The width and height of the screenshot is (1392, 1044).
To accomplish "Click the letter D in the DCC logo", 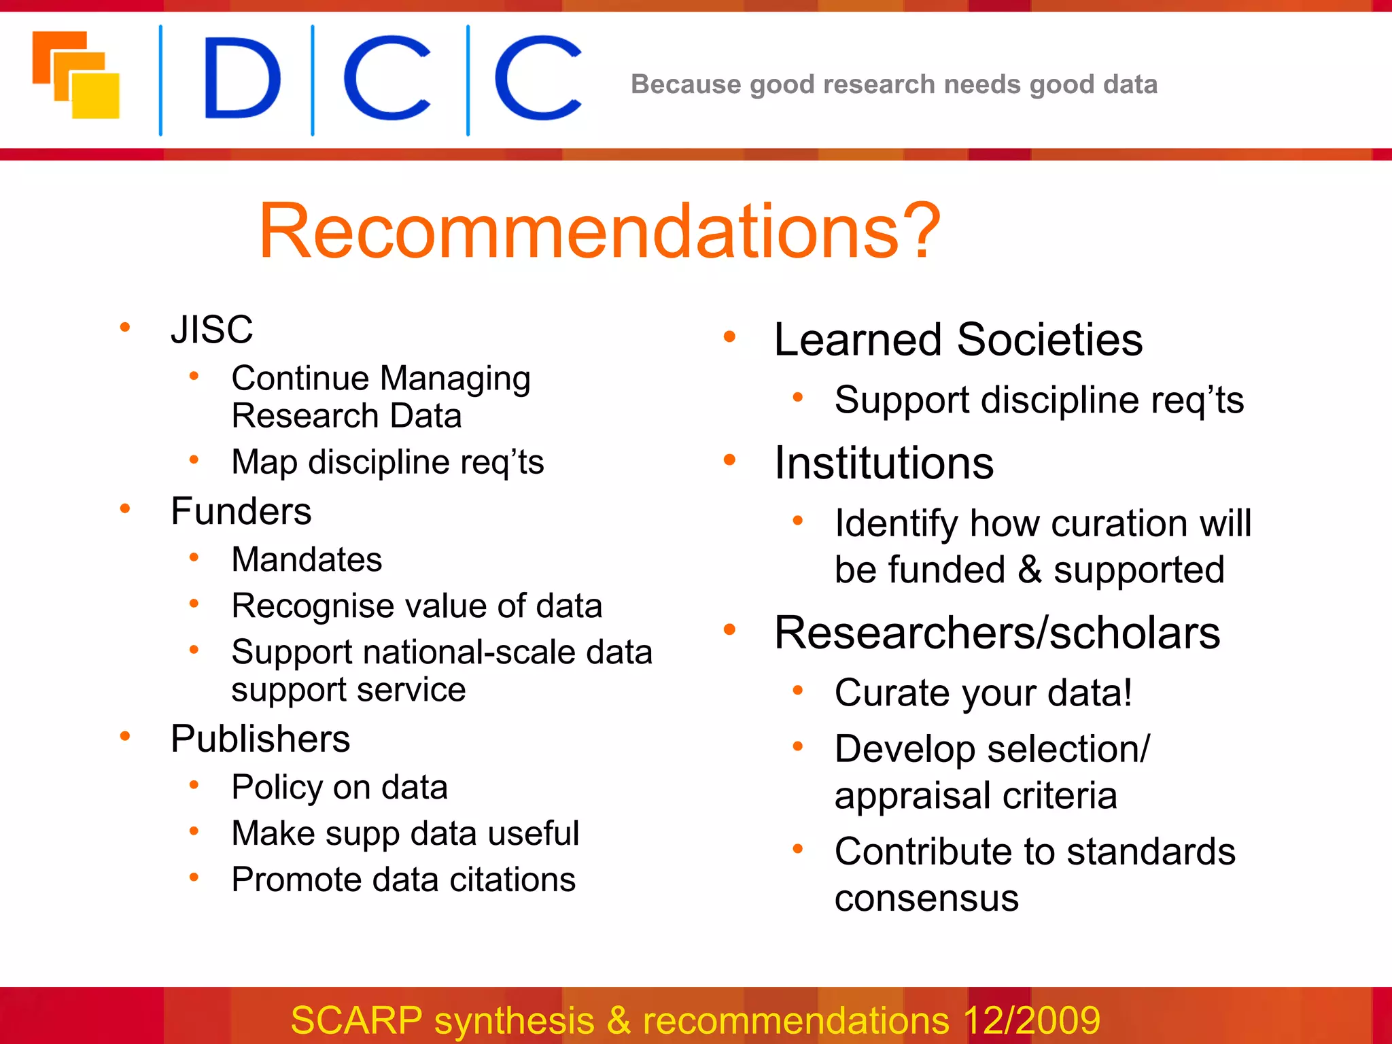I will tap(242, 79).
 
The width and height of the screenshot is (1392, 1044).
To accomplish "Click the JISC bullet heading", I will tap(211, 330).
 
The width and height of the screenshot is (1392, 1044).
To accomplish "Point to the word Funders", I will tap(241, 511).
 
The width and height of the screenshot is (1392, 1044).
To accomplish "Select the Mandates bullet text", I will tap(307, 559).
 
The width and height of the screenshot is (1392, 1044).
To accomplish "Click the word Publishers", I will tap(260, 739).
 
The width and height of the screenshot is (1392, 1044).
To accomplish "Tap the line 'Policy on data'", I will tap(339, 787).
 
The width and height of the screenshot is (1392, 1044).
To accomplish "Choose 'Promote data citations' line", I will tap(403, 880).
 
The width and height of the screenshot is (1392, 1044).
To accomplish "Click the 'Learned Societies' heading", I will tap(958, 339).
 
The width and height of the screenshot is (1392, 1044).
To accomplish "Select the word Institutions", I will tap(884, 463).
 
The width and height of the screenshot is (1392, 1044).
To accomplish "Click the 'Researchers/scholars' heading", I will tap(996, 633).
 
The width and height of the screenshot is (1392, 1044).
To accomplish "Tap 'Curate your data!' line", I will tap(983, 693).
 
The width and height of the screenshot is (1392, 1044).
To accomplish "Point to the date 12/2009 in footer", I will tap(1031, 1020).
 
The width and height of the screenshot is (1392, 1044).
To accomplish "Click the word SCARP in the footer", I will tap(356, 1020).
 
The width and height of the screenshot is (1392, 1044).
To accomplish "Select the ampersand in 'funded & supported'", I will tap(1030, 570).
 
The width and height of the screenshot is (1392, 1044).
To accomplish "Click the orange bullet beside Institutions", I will tap(729, 460).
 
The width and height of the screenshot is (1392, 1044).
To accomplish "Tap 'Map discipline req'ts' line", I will tap(387, 462).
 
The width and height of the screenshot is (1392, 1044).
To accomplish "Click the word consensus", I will tap(926, 899).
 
